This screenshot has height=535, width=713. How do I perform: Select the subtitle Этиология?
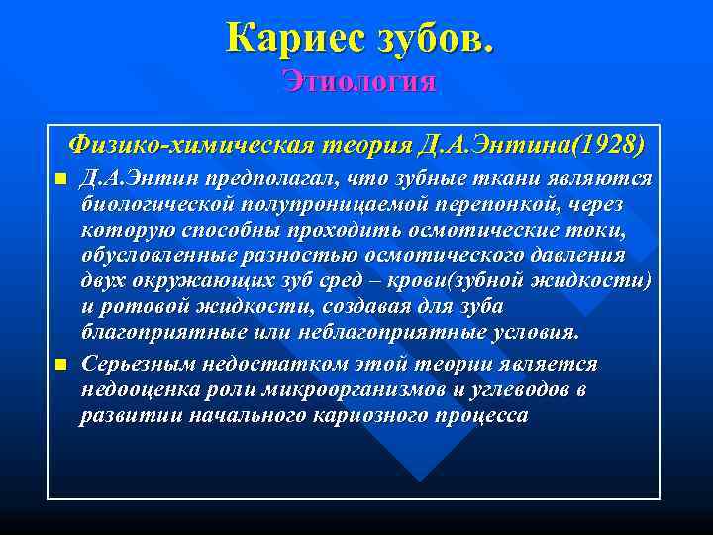click(x=357, y=80)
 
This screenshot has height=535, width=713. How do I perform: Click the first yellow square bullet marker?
click(x=60, y=179)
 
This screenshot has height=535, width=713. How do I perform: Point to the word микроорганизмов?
click(x=365, y=390)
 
